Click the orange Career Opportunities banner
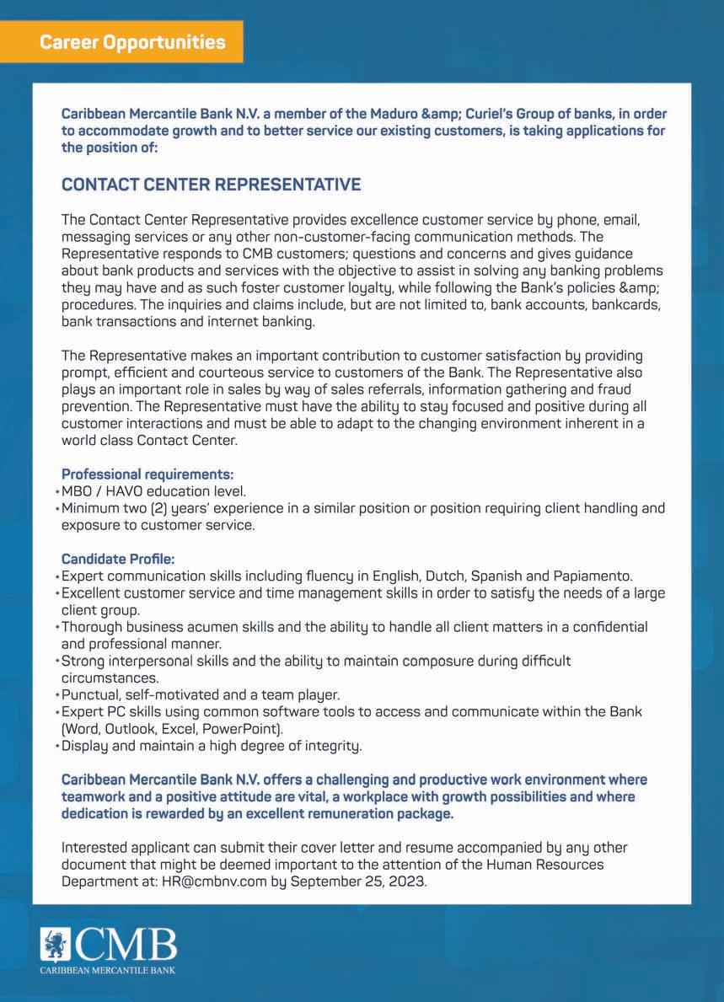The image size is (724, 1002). (132, 41)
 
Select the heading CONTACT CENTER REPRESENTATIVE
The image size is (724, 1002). (211, 185)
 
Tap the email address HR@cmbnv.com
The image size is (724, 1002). (212, 880)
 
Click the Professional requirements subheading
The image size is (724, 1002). (147, 474)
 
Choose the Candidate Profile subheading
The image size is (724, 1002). (118, 559)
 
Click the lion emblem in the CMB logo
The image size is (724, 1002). (56, 945)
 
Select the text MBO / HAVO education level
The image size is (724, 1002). (153, 491)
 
